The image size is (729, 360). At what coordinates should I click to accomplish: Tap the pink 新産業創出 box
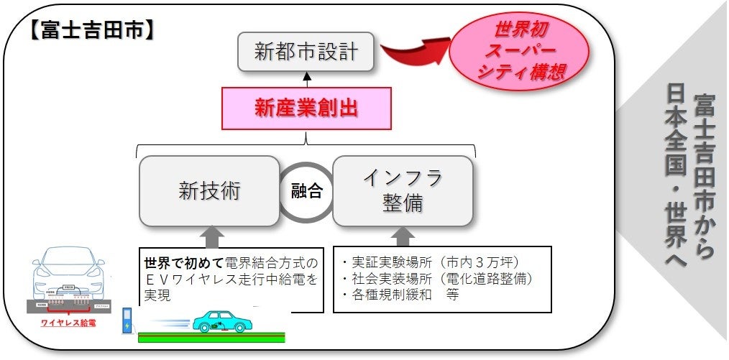click(307, 109)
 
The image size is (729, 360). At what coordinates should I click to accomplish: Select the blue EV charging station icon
click(128, 323)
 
